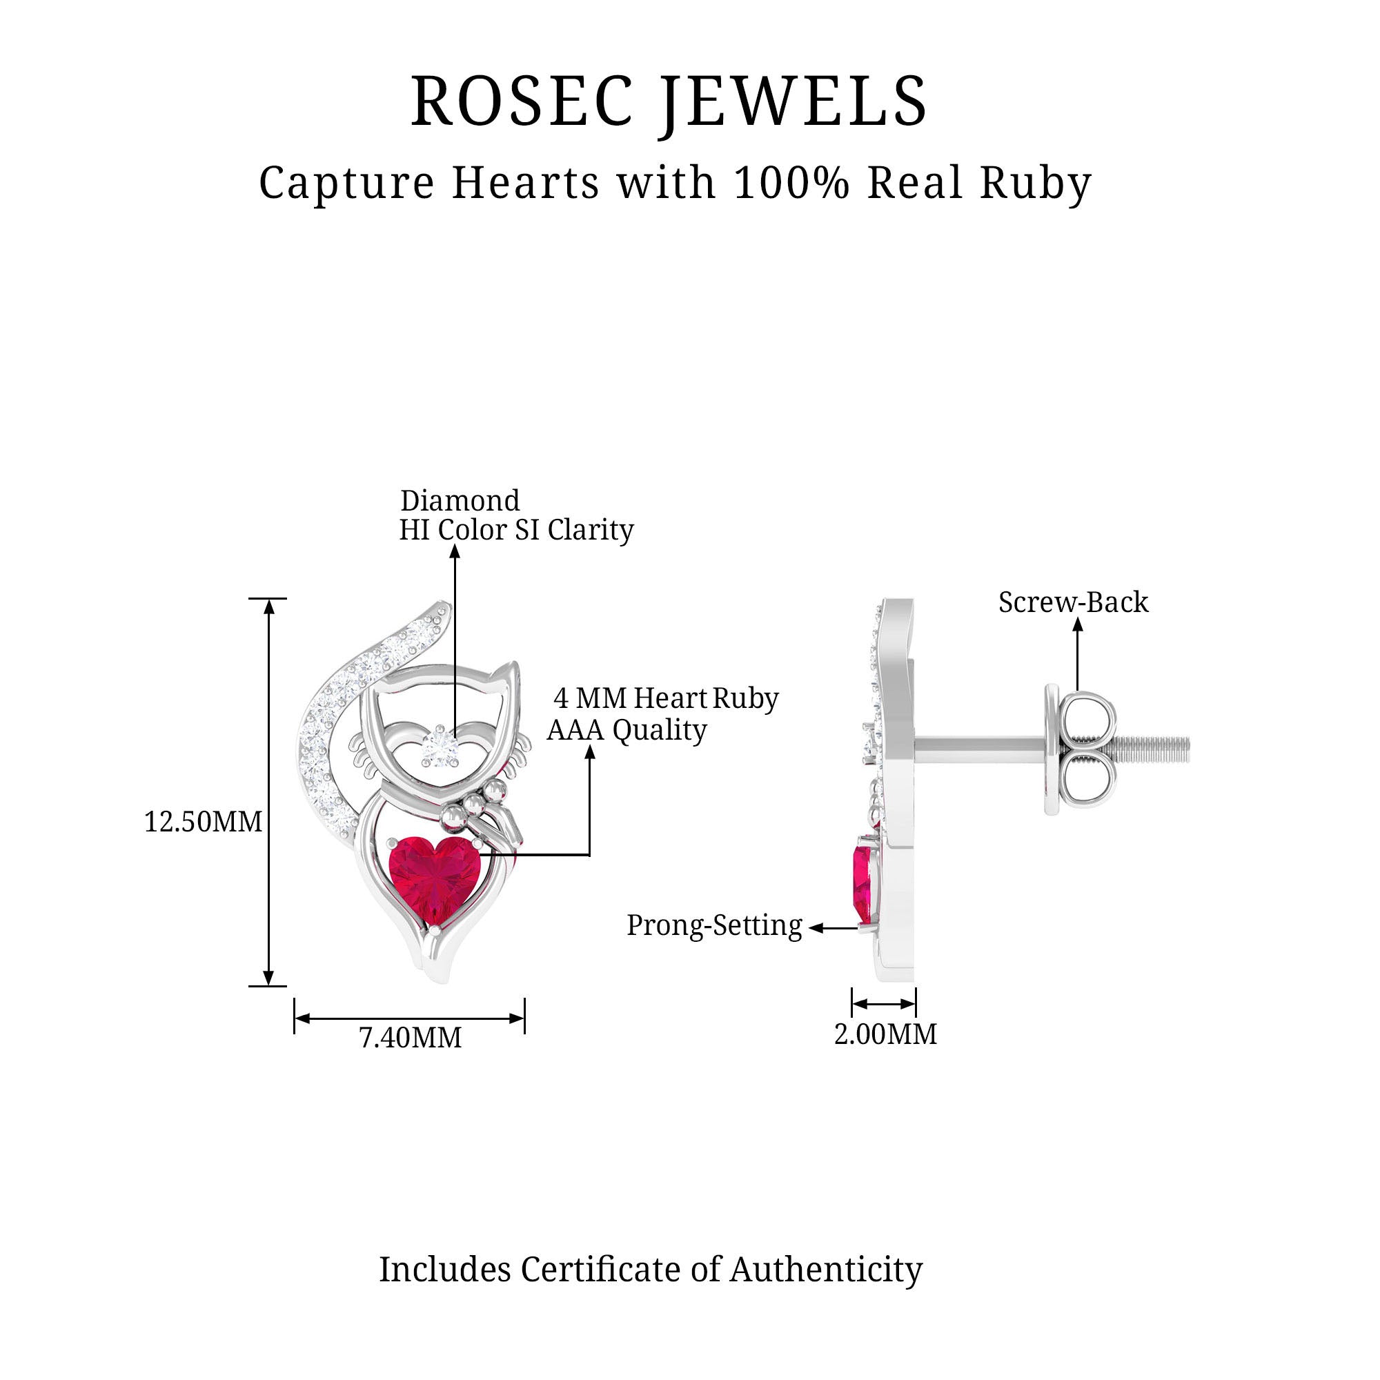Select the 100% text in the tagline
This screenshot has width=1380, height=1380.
(791, 183)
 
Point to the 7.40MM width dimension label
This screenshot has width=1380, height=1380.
(410, 1037)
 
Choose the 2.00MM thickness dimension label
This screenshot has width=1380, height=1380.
(885, 1034)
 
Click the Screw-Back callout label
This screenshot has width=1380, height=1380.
(1073, 602)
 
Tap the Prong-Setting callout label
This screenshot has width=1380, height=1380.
(714, 925)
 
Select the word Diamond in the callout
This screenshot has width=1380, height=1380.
(460, 501)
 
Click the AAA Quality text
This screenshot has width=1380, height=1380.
(627, 730)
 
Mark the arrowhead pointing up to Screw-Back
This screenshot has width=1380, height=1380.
(1078, 624)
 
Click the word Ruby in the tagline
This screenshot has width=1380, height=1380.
(1036, 183)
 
